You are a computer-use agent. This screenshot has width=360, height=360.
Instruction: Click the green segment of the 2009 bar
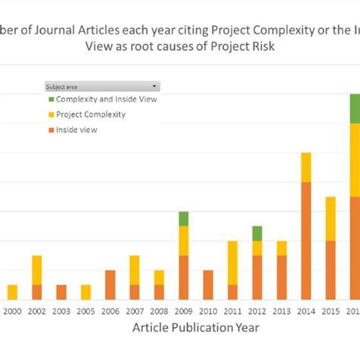[184, 219]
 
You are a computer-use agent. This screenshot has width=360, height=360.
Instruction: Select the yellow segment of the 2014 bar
[306, 167]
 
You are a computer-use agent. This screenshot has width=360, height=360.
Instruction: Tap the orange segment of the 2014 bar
[306, 241]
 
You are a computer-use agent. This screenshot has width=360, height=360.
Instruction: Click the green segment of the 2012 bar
[257, 233]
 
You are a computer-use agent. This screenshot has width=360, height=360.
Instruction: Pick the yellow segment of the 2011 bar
[232, 263]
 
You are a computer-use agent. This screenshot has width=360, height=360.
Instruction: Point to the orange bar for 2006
[110, 285]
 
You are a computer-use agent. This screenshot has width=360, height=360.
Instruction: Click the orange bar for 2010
[208, 285]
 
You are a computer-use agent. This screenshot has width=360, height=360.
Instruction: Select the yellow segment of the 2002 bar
[36, 270]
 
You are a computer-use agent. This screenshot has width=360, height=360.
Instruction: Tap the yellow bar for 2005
[86, 292]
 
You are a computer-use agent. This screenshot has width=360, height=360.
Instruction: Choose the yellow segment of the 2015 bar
[330, 219]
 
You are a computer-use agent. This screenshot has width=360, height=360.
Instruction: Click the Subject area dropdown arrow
[155, 87]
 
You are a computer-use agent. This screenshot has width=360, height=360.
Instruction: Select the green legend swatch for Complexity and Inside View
[52, 99]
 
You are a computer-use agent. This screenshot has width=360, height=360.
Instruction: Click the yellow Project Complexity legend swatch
[52, 115]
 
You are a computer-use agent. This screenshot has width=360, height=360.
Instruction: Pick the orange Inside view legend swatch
[52, 130]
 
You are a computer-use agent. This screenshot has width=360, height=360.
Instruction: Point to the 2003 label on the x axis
[62, 310]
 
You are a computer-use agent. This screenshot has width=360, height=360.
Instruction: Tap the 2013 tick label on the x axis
[282, 310]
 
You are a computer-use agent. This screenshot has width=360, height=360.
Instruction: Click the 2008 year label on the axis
[159, 310]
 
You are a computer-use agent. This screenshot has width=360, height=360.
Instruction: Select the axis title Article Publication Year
[196, 327]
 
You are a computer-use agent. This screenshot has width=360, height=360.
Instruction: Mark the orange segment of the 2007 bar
[134, 292]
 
